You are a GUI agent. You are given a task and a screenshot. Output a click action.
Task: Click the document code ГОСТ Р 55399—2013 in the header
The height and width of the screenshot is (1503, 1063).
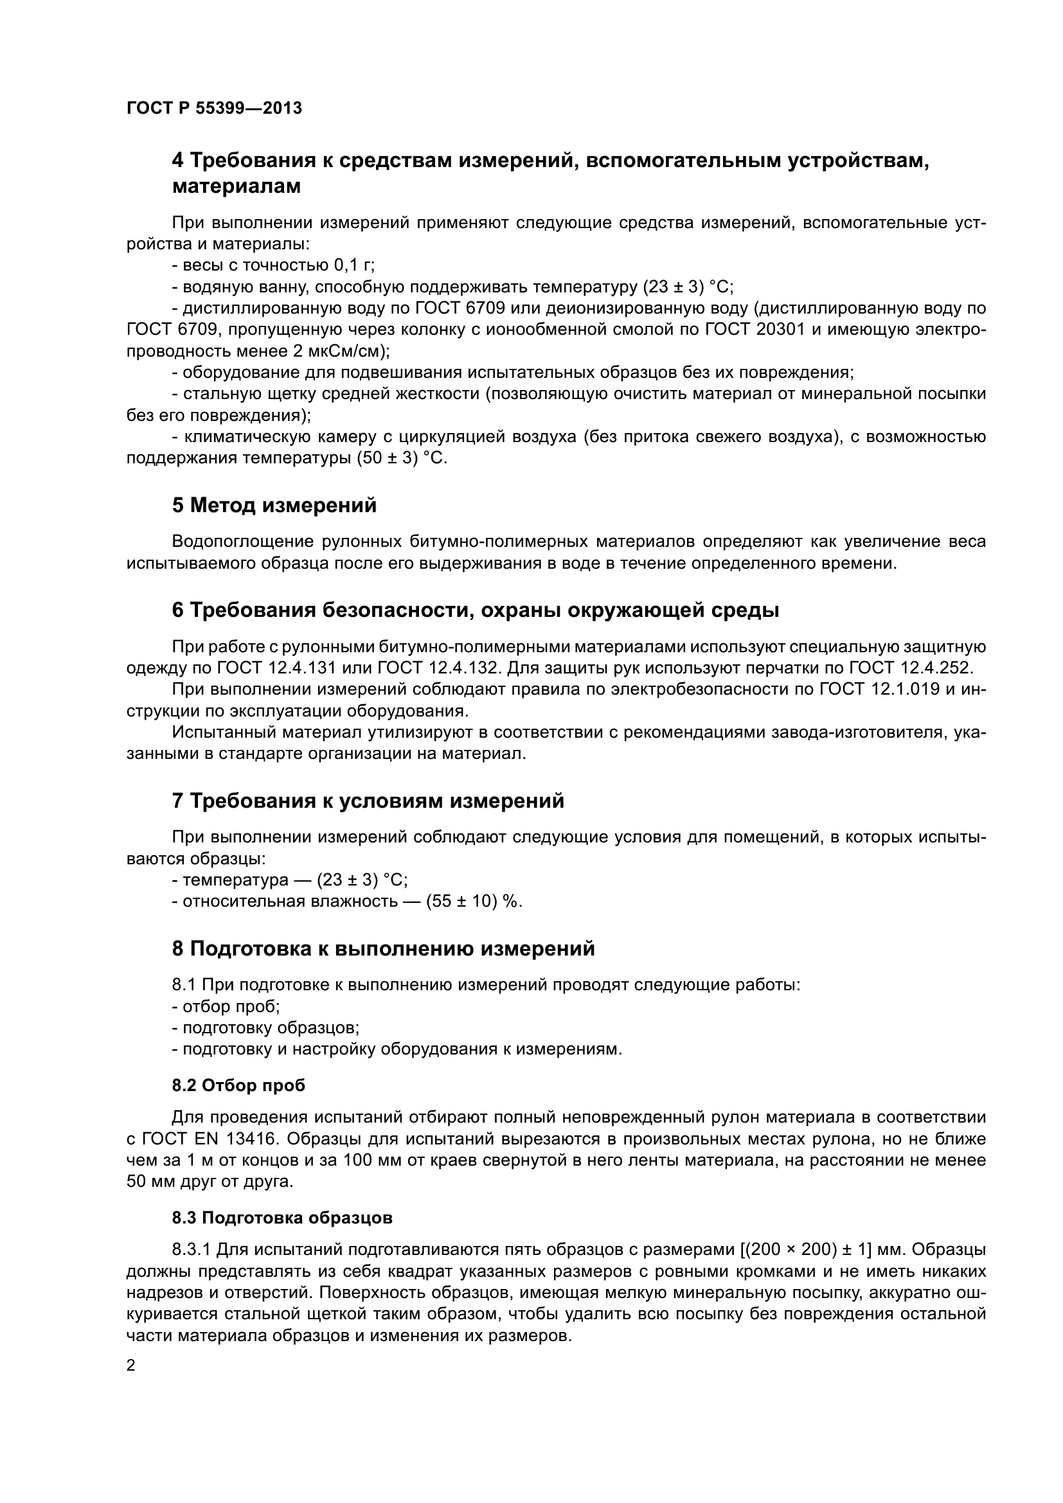pos(214,108)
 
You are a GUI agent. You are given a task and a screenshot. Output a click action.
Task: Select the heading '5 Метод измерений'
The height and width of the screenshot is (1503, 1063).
pos(274,505)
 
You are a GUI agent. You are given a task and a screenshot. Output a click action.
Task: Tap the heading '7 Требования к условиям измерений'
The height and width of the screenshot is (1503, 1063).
pos(368,801)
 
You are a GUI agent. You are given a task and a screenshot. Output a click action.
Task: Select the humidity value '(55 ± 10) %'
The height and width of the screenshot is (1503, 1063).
pos(474,902)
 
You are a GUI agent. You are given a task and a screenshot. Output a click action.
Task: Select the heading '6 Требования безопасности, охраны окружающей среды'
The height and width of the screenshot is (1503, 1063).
pos(475,610)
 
